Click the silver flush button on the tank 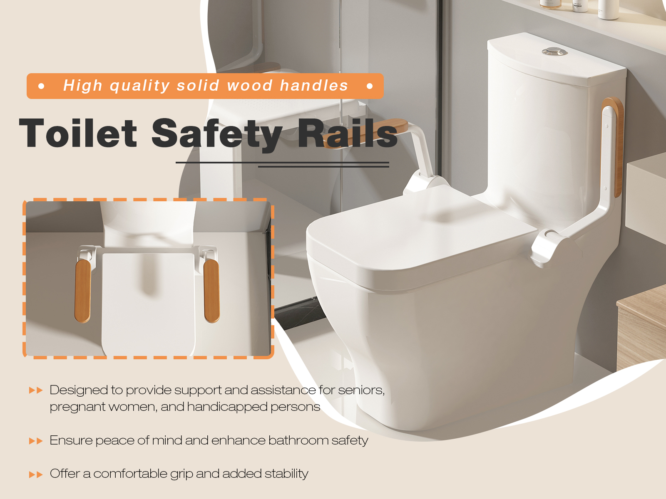[554, 52]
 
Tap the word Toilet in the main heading [78, 133]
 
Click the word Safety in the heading [217, 134]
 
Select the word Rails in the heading [348, 133]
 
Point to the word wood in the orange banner [250, 85]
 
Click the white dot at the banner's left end [41, 86]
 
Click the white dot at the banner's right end [370, 86]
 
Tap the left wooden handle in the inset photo [82, 291]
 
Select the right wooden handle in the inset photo [211, 291]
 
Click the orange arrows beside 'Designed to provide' [36, 390]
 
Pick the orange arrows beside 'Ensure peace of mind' [36, 441]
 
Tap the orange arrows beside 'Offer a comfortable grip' [36, 474]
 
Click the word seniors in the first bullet [361, 390]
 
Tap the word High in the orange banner [82, 86]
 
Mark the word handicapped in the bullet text [227, 407]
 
